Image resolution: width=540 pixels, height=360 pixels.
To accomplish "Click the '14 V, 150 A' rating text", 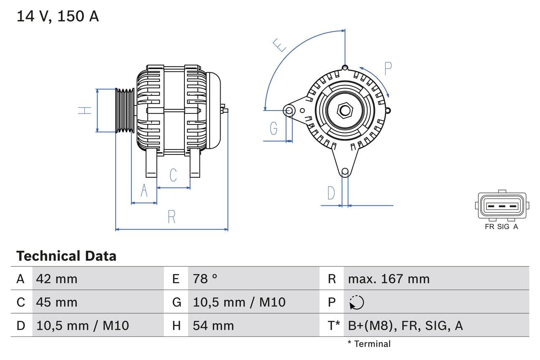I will [58, 16].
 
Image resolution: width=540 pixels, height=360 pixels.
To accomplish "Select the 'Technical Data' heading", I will [66, 256].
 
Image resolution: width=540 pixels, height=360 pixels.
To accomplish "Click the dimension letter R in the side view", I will [171, 217].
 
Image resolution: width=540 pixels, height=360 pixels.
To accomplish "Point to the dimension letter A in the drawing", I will [144, 191].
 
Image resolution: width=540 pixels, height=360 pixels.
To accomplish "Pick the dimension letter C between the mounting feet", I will [173, 175].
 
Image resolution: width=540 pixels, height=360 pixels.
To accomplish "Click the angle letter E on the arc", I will [279, 45].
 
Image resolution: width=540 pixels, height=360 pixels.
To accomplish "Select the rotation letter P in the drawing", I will [388, 68].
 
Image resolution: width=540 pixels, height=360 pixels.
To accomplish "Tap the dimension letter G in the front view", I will [274, 128].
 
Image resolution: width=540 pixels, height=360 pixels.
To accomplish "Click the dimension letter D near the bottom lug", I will [331, 193].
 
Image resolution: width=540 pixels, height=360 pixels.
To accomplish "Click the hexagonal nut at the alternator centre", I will [345, 111].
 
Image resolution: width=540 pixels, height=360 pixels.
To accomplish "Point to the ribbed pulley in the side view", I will [125, 110].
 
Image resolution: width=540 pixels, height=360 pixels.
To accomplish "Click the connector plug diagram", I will [502, 206].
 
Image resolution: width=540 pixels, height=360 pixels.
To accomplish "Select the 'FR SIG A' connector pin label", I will [501, 227].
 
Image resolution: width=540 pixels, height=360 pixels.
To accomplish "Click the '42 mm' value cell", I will [57, 279].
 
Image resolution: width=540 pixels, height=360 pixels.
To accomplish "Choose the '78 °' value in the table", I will [205, 279].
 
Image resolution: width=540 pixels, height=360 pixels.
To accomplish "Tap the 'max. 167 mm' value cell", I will [389, 279].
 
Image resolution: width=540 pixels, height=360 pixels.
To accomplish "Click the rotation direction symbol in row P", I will [356, 302].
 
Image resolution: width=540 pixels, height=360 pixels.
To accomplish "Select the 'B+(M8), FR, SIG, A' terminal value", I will [405, 325].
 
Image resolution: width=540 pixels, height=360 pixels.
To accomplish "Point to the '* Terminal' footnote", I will [369, 344].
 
